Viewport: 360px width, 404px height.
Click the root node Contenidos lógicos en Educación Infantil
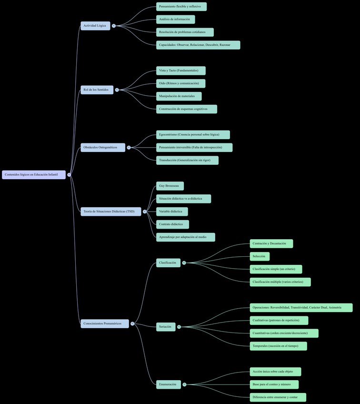pyautogui.click(x=33, y=175)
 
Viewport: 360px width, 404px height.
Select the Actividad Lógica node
pyautogui.click(x=95, y=26)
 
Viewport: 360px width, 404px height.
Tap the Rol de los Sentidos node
pyautogui.click(x=97, y=90)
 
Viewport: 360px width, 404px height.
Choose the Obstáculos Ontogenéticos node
pyautogui.click(x=102, y=148)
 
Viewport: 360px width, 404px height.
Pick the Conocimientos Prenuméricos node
pyautogui.click(x=104, y=324)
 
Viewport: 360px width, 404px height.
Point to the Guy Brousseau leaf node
pyautogui.click(x=170, y=186)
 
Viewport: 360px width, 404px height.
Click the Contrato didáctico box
pyautogui.click(x=172, y=224)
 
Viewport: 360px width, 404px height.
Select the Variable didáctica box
pyautogui.click(x=172, y=212)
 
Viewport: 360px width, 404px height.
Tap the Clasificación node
pyautogui.click(x=168, y=263)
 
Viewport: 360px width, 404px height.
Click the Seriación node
pyautogui.click(x=166, y=327)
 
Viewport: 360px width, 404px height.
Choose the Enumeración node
pyautogui.click(x=168, y=384)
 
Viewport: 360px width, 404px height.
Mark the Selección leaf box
pyautogui.click(x=260, y=256)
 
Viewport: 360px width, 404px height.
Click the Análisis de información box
pyautogui.click(x=175, y=20)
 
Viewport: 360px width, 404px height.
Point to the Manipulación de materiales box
pyautogui.click(x=179, y=96)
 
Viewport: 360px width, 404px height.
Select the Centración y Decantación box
pyautogui.click(x=271, y=243)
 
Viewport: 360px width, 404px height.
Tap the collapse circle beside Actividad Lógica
pyautogui.click(x=114, y=26)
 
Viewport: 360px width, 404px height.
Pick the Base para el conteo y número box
pyautogui.click(x=274, y=384)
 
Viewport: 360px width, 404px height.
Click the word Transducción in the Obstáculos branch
pyautogui.click(x=168, y=161)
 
